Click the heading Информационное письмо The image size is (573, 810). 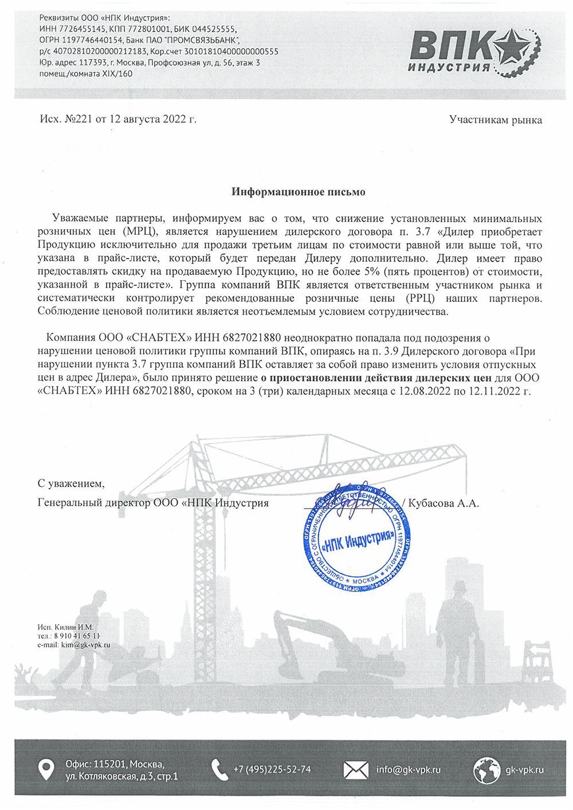click(x=298, y=192)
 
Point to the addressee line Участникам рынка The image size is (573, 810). click(x=495, y=120)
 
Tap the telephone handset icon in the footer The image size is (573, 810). click(x=219, y=769)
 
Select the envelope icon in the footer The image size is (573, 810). click(x=356, y=769)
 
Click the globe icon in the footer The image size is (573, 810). click(x=485, y=769)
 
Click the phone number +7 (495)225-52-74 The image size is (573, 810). click(x=272, y=769)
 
